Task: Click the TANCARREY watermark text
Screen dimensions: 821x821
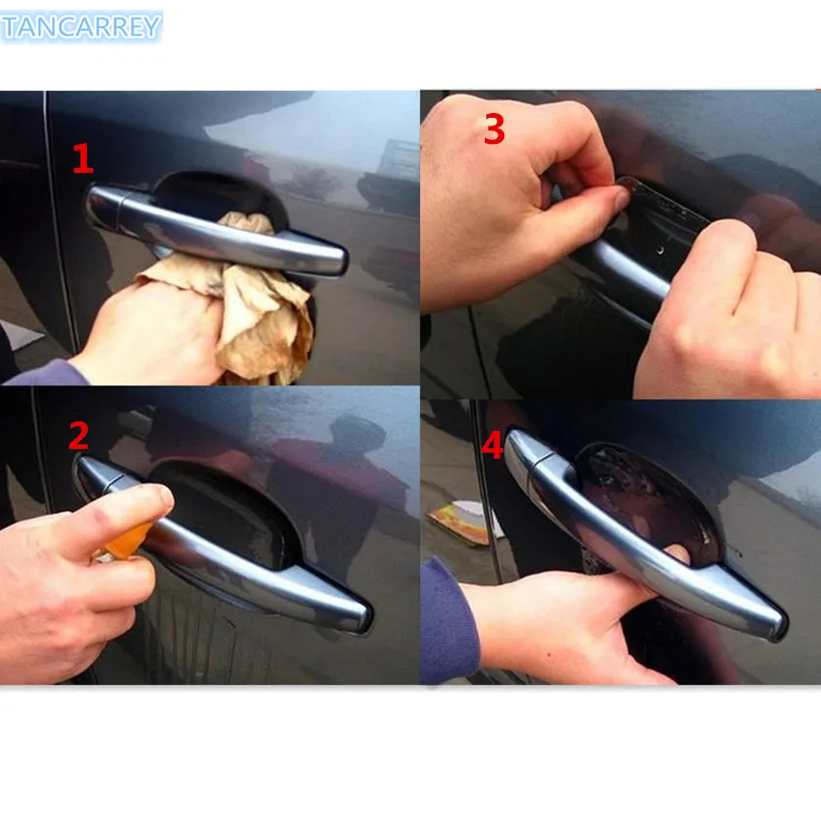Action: pyautogui.click(x=81, y=27)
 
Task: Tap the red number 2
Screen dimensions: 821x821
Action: pyautogui.click(x=78, y=437)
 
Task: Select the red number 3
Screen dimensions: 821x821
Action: pyautogui.click(x=494, y=128)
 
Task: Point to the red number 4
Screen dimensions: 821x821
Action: pyautogui.click(x=493, y=445)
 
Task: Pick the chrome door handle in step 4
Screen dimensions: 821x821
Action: pyautogui.click(x=657, y=560)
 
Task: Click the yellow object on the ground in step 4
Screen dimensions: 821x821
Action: pyautogui.click(x=459, y=522)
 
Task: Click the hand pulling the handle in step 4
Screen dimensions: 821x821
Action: pyautogui.click(x=570, y=618)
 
